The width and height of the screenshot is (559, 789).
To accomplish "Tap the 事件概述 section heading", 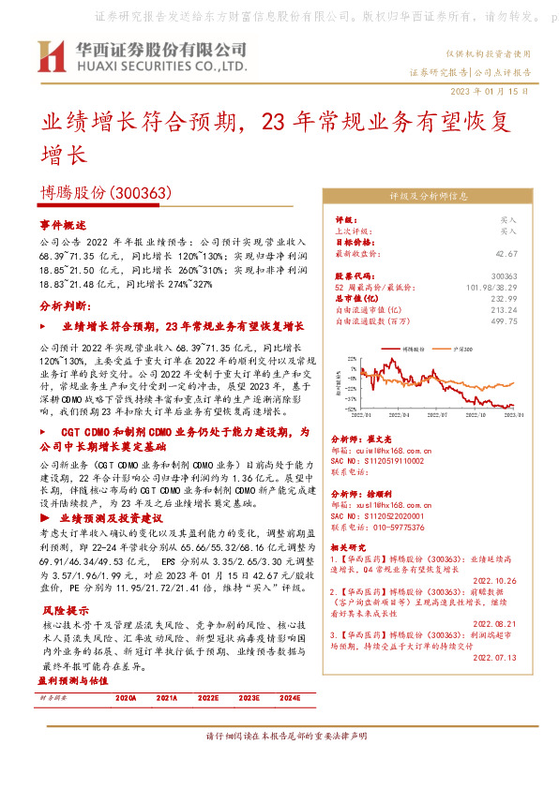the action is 62,226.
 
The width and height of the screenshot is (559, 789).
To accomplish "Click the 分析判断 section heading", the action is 65,305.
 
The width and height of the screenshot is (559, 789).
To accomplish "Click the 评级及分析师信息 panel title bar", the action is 429,197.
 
